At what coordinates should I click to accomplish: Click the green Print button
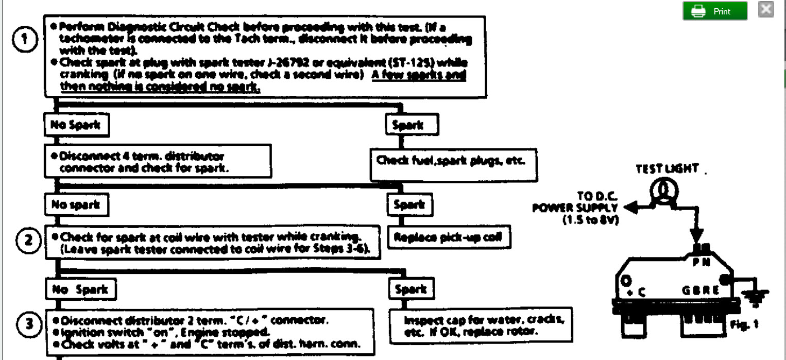click(x=715, y=11)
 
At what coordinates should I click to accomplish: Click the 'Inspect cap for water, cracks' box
click(x=481, y=325)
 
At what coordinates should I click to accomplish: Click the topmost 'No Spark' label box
click(x=77, y=126)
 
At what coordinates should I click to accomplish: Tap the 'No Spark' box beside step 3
click(x=80, y=290)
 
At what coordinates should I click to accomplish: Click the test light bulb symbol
click(x=662, y=192)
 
